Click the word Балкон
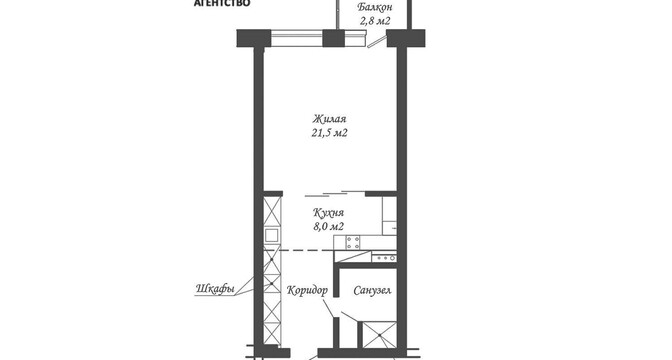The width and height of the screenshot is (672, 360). [375, 7]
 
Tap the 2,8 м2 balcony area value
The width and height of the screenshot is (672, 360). [376, 21]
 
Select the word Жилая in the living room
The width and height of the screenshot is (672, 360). [329, 119]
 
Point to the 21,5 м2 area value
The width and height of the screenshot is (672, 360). [329, 133]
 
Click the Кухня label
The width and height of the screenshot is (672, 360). [329, 213]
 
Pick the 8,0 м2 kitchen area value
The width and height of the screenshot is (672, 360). [329, 227]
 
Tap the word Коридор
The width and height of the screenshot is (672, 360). [307, 290]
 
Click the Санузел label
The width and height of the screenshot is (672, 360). [372, 291]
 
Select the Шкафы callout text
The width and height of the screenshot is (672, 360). [215, 289]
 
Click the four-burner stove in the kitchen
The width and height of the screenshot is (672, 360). [353, 243]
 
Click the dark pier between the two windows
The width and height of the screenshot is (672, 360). [333, 38]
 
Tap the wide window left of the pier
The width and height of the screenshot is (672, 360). [297, 38]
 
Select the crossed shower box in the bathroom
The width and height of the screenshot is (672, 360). [379, 334]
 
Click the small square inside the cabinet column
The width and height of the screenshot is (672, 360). [272, 235]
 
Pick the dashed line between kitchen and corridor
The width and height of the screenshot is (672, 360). [307, 249]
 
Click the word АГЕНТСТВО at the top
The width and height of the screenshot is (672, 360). [222, 3]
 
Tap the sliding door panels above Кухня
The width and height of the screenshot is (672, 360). [334, 194]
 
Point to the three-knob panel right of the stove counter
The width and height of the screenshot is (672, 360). [384, 258]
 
